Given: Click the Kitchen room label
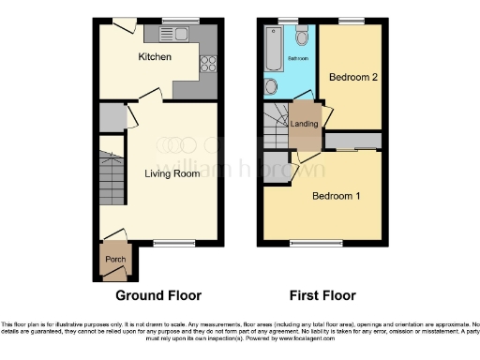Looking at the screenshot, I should pos(154,58).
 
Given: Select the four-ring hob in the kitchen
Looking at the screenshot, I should pos(208,65).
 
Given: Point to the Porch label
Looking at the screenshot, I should pos(114,260).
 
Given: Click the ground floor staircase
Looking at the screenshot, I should pos(112,174).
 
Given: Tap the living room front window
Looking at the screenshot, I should pos(168,243).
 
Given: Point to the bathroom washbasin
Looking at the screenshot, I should pos(271,87).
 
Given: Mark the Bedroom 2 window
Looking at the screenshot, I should pos(351,22).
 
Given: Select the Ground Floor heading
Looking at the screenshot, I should pos(158,295).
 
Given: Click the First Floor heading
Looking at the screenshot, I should pos(322,295).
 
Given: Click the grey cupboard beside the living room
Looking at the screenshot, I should pos(112,117).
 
